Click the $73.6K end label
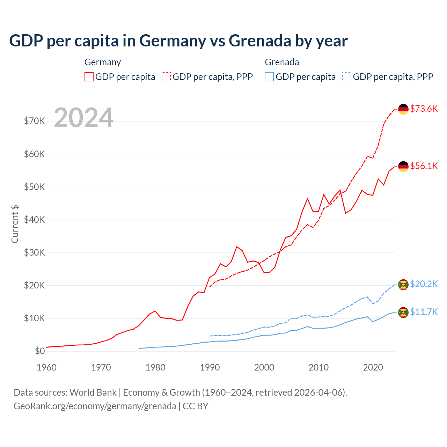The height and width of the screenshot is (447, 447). (x=424, y=109)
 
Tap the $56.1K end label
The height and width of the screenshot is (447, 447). (x=424, y=166)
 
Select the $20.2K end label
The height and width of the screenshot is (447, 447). (x=424, y=284)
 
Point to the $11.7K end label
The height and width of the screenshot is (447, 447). (x=424, y=312)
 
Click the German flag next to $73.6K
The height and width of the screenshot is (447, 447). (x=403, y=109)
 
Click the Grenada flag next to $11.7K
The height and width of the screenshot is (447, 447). (x=403, y=313)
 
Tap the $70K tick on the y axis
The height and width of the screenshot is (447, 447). (x=35, y=121)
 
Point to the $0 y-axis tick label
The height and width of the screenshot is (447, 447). (x=40, y=351)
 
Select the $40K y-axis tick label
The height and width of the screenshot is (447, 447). (x=35, y=220)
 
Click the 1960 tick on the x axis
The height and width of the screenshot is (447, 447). (x=47, y=367)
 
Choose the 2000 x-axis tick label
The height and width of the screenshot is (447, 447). (x=264, y=367)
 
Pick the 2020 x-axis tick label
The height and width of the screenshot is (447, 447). (x=373, y=367)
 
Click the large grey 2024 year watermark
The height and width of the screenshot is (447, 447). (x=84, y=118)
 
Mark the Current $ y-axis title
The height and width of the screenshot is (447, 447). (x=15, y=224)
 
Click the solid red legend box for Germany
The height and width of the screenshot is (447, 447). (x=89, y=77)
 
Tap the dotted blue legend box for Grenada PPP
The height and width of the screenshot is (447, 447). (x=347, y=77)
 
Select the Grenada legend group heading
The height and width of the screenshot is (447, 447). (x=282, y=62)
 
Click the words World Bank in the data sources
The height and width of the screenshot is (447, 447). (x=93, y=393)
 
